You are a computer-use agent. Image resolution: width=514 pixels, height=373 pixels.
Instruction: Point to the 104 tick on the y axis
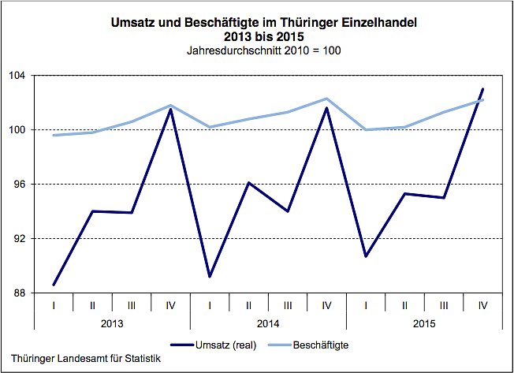pyautogui.click(x=18, y=76)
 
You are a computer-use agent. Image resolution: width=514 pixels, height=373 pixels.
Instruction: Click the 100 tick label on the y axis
pyautogui.click(x=18, y=130)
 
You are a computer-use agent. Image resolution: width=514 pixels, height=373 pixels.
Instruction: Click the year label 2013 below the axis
pyautogui.click(x=112, y=323)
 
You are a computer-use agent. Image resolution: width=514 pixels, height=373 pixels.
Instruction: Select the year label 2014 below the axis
pyautogui.click(x=268, y=323)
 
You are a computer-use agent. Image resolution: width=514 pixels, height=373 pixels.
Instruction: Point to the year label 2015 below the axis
pyautogui.click(x=425, y=323)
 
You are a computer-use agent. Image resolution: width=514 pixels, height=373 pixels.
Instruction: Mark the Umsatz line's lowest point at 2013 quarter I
pyautogui.click(x=54, y=285)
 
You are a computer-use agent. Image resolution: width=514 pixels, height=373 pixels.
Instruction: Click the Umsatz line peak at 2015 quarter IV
pyautogui.click(x=482, y=89)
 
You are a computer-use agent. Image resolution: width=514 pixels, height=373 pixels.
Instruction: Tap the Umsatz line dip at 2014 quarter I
pyautogui.click(x=210, y=277)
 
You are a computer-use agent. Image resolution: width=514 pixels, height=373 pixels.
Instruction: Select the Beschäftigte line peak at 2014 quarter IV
pyautogui.click(x=326, y=99)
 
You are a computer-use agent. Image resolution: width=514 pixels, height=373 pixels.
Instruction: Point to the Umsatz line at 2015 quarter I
pyautogui.click(x=366, y=256)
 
